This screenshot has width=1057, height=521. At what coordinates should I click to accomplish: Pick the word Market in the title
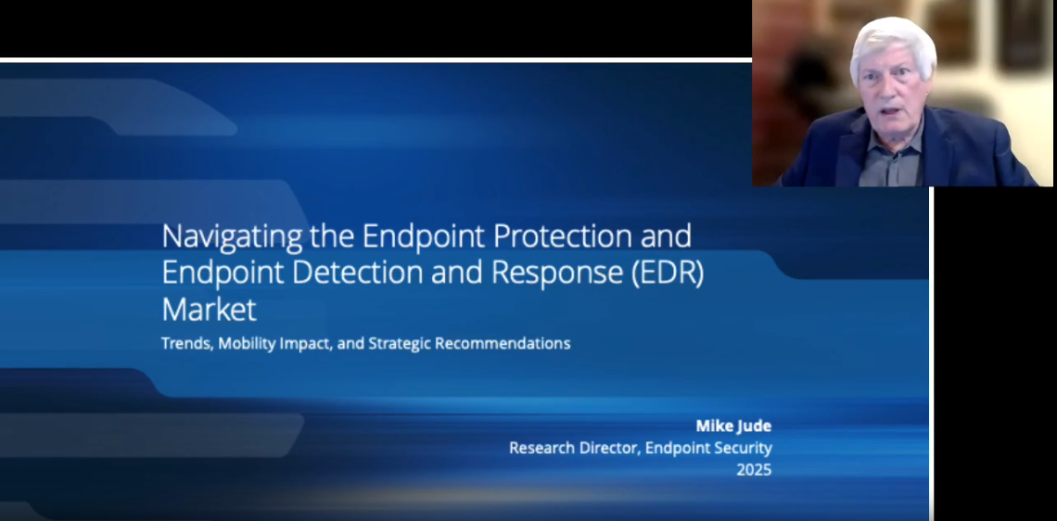(x=209, y=308)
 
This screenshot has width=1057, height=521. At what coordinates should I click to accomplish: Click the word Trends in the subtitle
(x=185, y=343)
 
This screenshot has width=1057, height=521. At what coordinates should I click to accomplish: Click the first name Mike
(x=714, y=426)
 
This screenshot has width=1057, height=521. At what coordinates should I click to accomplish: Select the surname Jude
(x=754, y=426)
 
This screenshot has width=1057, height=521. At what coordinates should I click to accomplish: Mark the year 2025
(x=754, y=470)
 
